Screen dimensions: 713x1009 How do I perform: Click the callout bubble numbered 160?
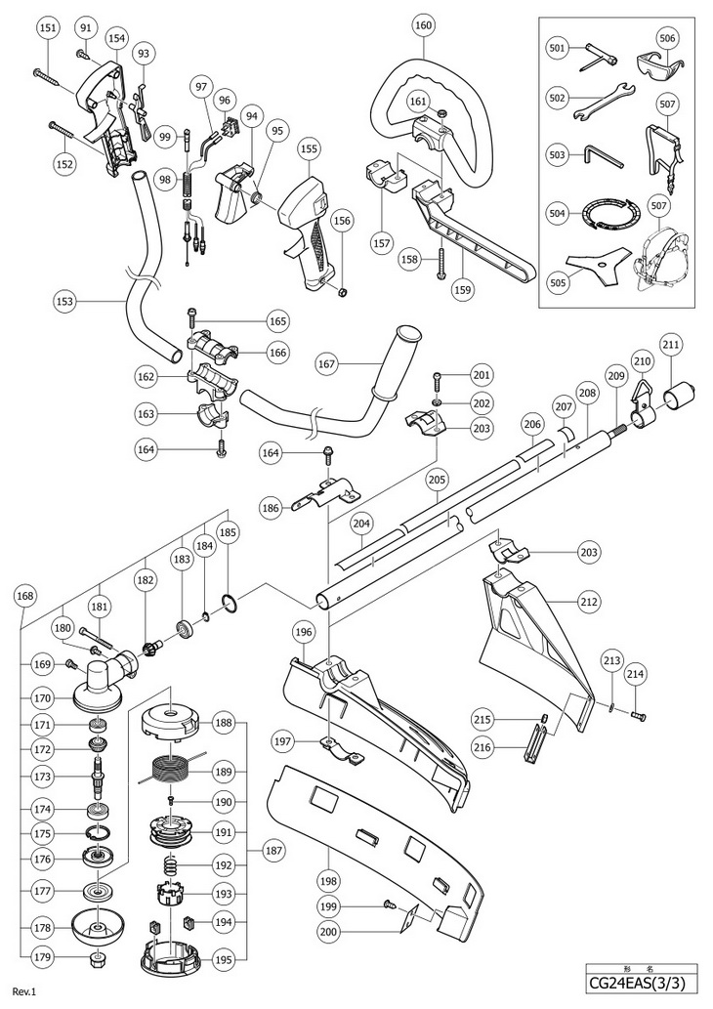coord(424,25)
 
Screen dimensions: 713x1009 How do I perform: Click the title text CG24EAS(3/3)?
coord(641,984)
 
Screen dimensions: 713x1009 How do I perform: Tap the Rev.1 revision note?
coord(23,991)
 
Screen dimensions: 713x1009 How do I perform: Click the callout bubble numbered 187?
coord(274,851)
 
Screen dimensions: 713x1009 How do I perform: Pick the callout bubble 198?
coord(329,880)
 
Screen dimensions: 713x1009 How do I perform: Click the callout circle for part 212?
coord(589,603)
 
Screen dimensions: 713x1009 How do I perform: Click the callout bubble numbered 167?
coord(327,364)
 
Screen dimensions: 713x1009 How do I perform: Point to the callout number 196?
coord(305,632)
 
